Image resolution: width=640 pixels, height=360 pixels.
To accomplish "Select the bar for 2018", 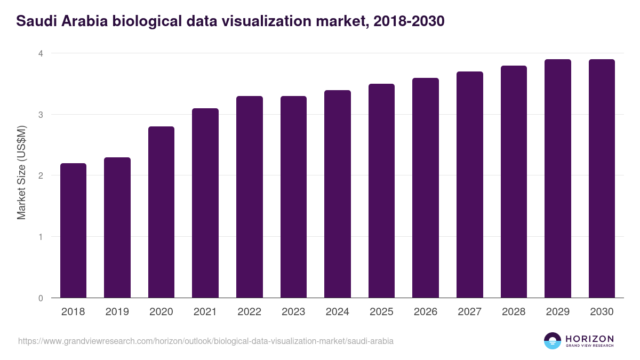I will (x=73, y=230).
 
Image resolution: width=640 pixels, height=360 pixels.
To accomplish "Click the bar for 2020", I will (x=161, y=212).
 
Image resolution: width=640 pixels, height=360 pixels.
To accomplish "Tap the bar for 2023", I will (x=293, y=197).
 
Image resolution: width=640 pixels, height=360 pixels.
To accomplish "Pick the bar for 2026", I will (x=426, y=188).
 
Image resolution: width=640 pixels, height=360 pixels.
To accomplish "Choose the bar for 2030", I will (x=602, y=179).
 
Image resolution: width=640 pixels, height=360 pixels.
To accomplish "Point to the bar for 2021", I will (x=205, y=203).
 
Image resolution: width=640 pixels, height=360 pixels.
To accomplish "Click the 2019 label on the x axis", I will (x=117, y=312).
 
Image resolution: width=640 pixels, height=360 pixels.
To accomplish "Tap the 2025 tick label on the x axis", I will (x=381, y=312).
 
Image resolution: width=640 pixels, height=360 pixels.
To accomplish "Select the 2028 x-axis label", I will (x=514, y=312).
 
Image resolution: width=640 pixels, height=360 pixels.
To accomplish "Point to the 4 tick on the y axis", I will (x=40, y=53).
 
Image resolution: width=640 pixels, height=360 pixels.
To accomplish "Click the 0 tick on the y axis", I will (x=40, y=298).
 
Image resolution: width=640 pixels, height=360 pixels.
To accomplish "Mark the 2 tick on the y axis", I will (x=40, y=175).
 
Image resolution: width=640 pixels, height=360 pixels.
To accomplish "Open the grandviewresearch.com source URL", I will (x=206, y=341).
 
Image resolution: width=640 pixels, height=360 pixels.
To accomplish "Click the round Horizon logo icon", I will (x=553, y=341).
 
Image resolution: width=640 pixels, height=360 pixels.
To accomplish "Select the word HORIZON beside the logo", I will (x=589, y=338).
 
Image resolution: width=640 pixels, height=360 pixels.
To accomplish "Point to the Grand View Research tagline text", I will (x=589, y=346).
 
